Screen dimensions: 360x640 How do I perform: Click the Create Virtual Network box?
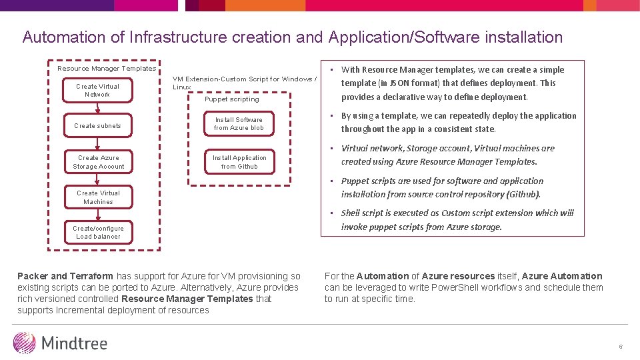point(97,91)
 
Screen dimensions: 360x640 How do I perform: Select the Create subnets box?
point(97,125)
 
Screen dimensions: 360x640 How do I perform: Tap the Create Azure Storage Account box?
point(98,162)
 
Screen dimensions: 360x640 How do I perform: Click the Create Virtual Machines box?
point(98,197)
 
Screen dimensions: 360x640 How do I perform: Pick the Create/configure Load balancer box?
point(98,232)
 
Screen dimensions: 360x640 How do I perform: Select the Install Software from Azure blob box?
point(239,124)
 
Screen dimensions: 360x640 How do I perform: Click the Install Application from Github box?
point(239,162)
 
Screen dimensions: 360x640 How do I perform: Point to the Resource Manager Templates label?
point(107,69)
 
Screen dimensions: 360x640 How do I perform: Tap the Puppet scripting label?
point(231,99)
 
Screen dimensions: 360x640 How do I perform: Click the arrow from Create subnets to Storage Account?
point(98,143)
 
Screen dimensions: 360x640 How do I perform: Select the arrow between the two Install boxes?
point(239,143)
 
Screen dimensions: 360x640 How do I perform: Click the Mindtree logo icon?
point(25,343)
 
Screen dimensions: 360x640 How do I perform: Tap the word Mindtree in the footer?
point(74,343)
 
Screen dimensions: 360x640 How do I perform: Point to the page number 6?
point(620,347)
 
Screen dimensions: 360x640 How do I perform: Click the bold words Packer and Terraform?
point(65,276)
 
